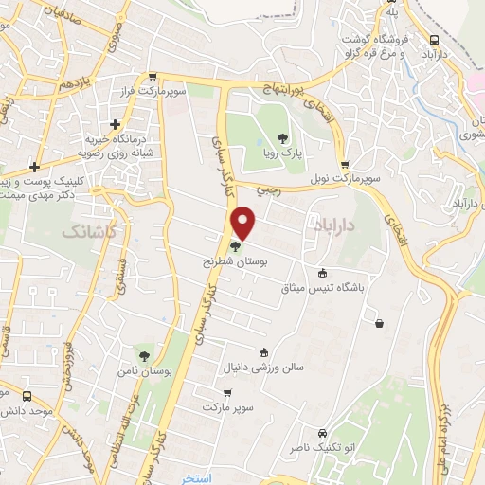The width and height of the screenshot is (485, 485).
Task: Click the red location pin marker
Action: (x=244, y=225)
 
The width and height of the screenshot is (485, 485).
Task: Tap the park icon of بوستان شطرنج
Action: (x=234, y=246)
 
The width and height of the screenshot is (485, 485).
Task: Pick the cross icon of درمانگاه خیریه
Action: (x=115, y=123)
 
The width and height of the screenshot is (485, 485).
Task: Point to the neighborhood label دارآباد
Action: (x=332, y=223)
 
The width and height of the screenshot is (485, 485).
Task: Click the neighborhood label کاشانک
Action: (x=88, y=231)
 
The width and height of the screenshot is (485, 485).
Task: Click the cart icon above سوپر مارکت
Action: (x=226, y=393)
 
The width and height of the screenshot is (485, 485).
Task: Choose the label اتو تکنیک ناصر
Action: (x=349, y=443)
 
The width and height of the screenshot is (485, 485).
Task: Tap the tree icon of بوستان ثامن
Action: (x=144, y=356)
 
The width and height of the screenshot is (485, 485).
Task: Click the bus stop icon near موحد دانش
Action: (x=27, y=396)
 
